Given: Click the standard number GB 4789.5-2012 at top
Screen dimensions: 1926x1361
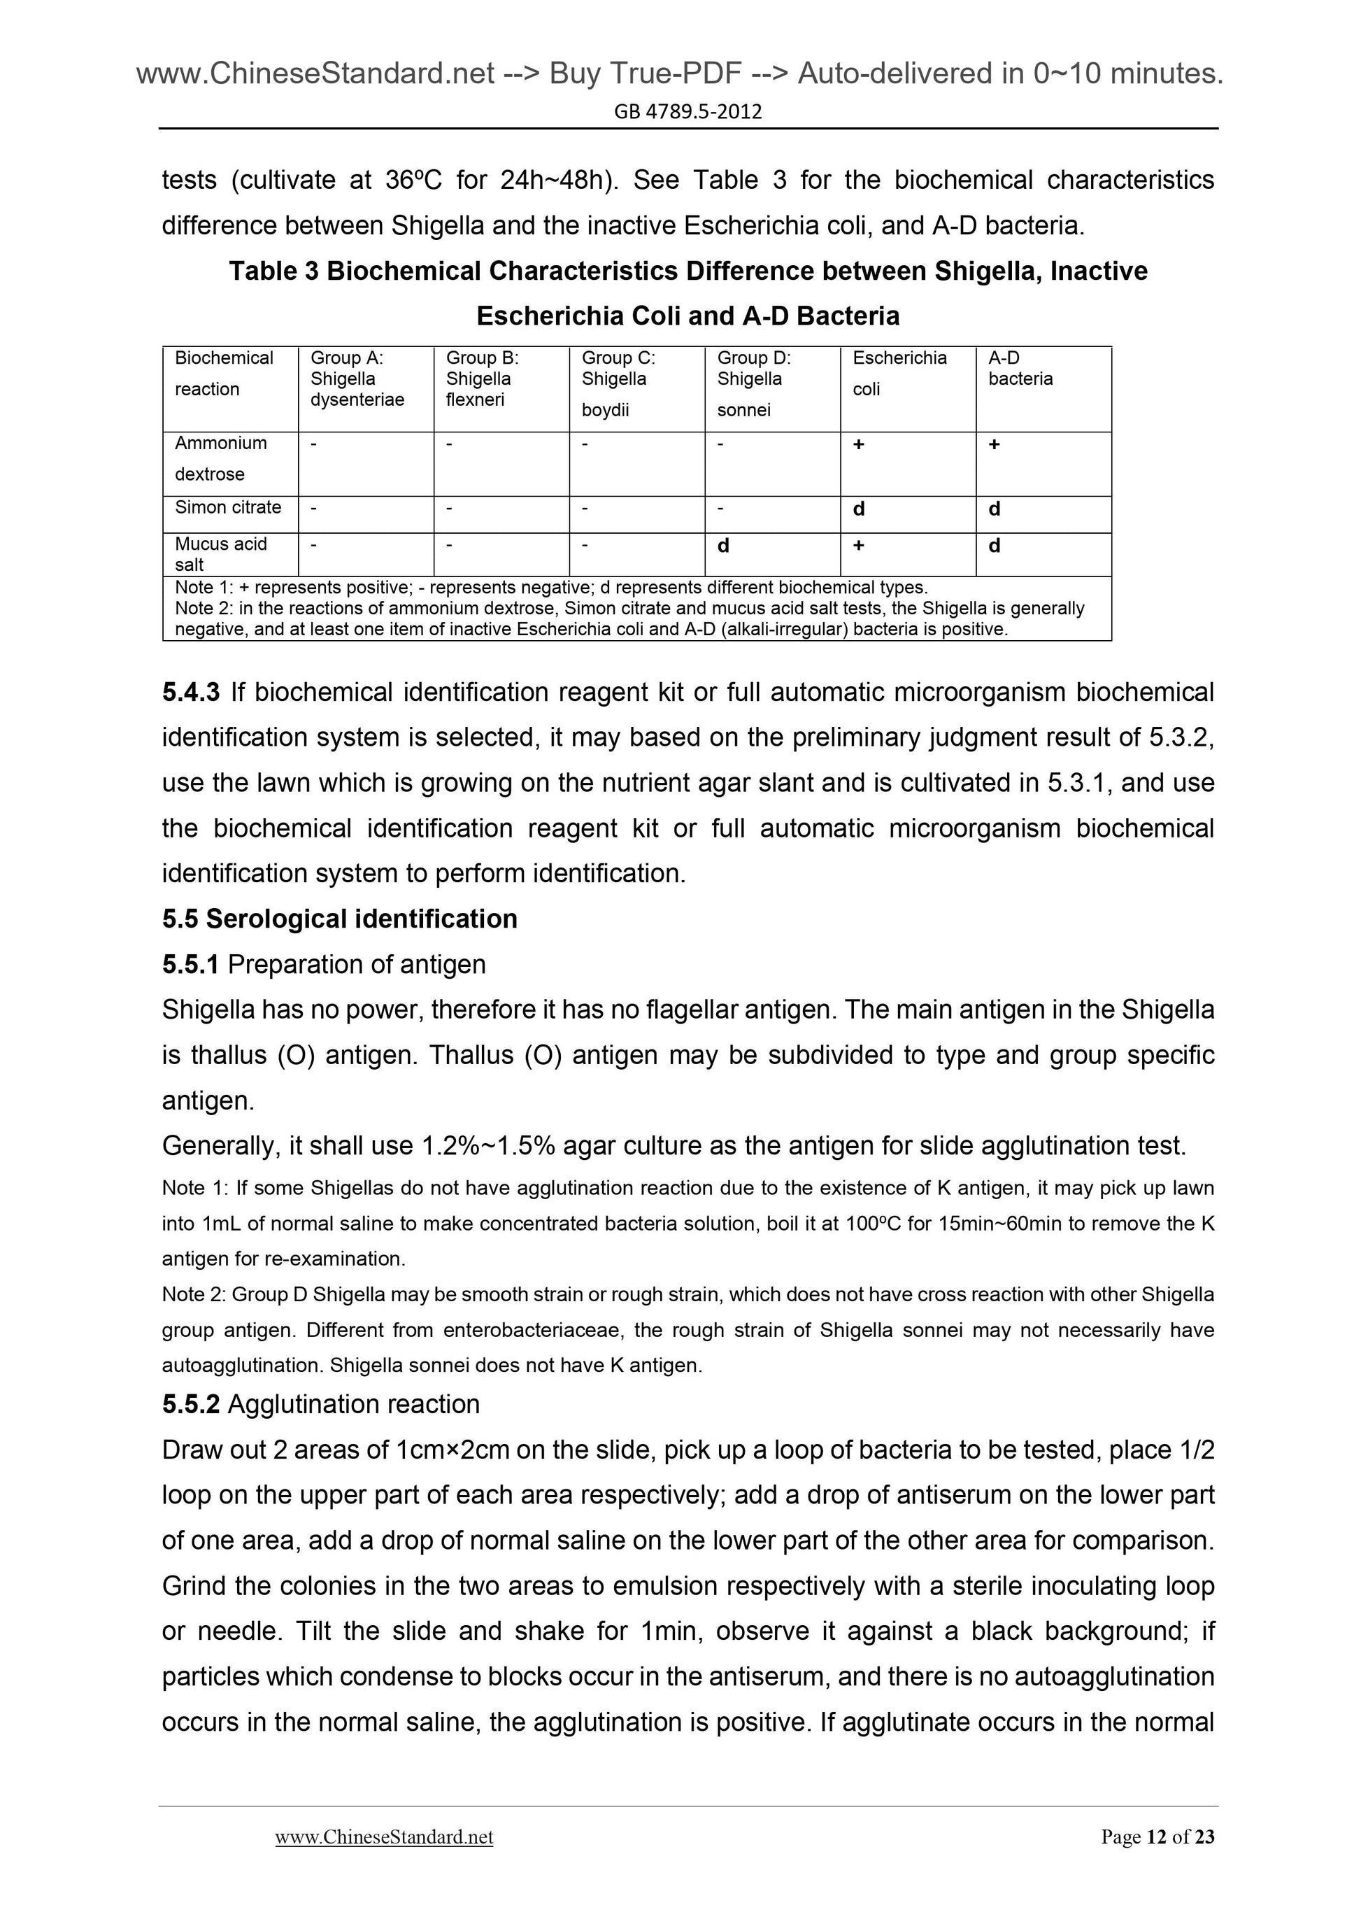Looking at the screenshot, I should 687,111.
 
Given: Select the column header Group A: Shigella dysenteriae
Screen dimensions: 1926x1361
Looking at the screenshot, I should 357,379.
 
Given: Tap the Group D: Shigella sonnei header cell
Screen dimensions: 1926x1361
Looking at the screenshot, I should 753,383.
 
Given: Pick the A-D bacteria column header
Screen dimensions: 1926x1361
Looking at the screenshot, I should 1020,368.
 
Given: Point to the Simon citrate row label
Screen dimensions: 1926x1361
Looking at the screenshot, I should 228,507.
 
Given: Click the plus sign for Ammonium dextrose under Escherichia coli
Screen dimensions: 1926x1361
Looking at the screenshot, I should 859,444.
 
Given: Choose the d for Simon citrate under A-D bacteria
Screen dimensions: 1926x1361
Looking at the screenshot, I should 995,509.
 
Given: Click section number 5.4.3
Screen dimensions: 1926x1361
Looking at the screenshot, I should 191,692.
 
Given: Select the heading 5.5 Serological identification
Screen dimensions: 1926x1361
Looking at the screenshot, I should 340,919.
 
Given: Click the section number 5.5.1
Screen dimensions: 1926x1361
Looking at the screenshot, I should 190,964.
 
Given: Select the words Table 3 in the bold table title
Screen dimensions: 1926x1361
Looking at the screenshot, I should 273,271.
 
